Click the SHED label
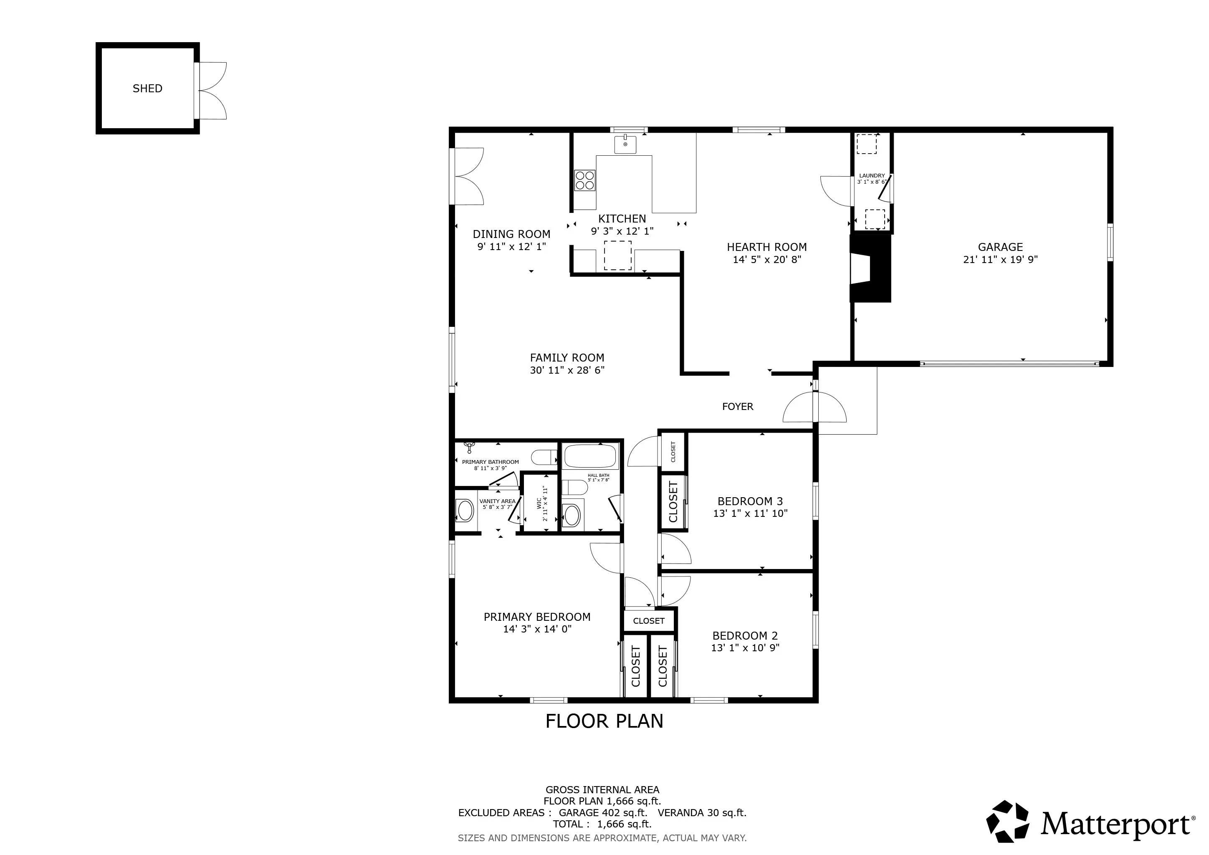point(147,89)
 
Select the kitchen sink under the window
point(625,144)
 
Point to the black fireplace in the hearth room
point(870,268)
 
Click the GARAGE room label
point(1000,247)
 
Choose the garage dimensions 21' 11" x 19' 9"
point(1000,260)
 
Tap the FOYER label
point(737,407)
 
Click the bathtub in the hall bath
point(590,456)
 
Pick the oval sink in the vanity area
point(465,510)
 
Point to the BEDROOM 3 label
point(750,501)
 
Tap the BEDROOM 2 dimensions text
point(745,648)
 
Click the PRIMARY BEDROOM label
point(537,617)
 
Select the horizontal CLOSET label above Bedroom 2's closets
point(649,621)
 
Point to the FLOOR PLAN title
point(604,721)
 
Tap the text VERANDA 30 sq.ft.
point(702,813)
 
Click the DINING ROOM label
point(511,234)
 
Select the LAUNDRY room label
point(872,176)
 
